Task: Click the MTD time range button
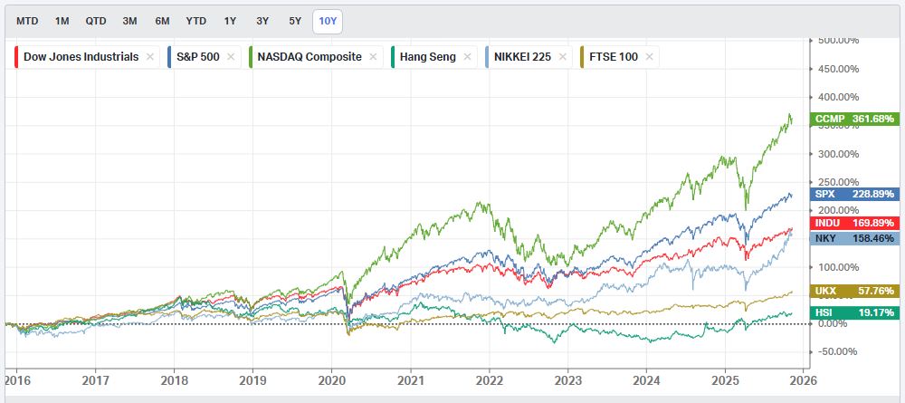(x=27, y=20)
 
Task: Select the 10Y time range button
(x=327, y=20)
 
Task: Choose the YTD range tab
(x=195, y=20)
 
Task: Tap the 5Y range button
(x=295, y=20)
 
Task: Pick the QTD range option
(x=96, y=20)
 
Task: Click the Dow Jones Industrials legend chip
(x=81, y=56)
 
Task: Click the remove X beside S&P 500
(x=237, y=56)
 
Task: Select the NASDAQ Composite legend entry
(x=310, y=56)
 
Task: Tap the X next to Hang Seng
(x=467, y=56)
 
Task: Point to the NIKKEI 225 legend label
(x=522, y=56)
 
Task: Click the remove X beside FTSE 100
(x=650, y=56)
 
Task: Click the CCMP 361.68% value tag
(x=854, y=119)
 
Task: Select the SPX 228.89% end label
(x=854, y=194)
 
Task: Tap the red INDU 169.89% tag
(x=854, y=223)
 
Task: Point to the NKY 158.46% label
(x=854, y=239)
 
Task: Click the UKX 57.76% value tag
(x=854, y=291)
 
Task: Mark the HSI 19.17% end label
(x=854, y=312)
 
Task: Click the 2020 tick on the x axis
(x=333, y=383)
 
